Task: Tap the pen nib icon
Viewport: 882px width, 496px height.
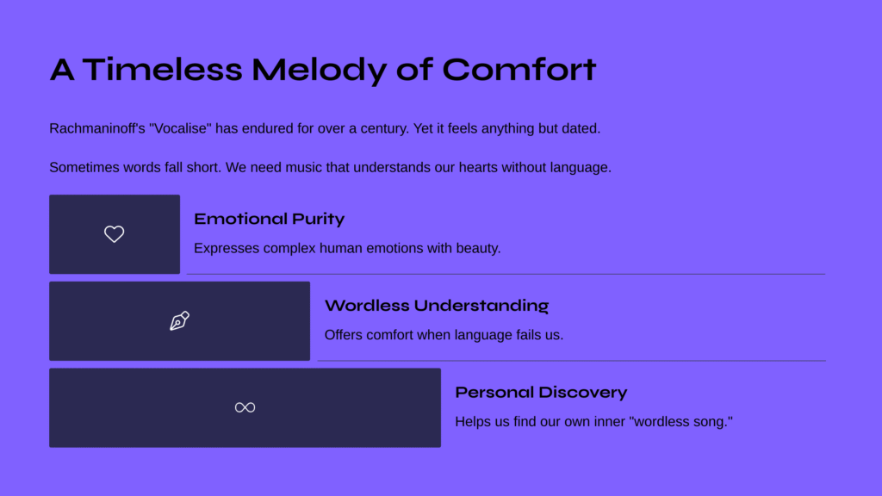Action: coord(179,320)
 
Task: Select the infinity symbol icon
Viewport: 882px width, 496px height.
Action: coord(245,407)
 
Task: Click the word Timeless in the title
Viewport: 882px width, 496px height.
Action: coord(163,70)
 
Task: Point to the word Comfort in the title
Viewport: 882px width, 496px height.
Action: coord(519,70)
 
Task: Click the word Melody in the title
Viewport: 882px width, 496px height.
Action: coord(319,71)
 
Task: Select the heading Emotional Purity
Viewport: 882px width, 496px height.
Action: coord(269,219)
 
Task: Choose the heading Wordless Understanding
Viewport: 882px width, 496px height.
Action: coord(437,306)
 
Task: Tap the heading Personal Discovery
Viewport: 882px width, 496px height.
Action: coord(541,392)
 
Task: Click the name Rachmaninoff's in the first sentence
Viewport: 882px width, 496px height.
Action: coord(97,129)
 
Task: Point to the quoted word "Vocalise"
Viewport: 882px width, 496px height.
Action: coord(180,129)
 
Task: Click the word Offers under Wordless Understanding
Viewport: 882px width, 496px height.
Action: coord(341,335)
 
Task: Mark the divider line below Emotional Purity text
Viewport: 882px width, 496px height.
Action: coord(506,274)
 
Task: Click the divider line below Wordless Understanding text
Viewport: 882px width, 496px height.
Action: coord(572,361)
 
